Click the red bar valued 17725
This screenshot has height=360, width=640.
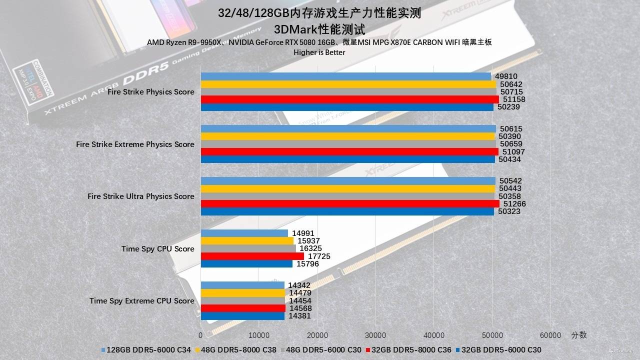click(x=252, y=256)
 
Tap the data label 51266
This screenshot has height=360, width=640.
click(x=515, y=204)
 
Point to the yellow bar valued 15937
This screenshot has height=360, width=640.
click(x=247, y=241)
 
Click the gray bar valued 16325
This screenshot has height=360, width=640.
click(x=248, y=248)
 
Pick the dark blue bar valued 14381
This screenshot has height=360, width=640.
click(x=242, y=316)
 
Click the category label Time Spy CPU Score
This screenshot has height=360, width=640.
click(x=157, y=249)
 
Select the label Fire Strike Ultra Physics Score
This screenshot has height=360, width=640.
click(x=140, y=196)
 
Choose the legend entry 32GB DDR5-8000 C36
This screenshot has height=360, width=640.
click(x=411, y=350)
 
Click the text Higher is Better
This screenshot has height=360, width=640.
click(x=319, y=52)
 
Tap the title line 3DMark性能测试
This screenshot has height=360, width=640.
click(x=319, y=28)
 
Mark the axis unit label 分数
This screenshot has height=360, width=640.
click(x=579, y=335)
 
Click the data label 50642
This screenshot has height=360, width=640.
click(x=511, y=84)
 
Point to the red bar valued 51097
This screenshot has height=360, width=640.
click(x=349, y=151)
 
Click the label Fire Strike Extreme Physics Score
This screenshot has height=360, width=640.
click(x=135, y=144)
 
